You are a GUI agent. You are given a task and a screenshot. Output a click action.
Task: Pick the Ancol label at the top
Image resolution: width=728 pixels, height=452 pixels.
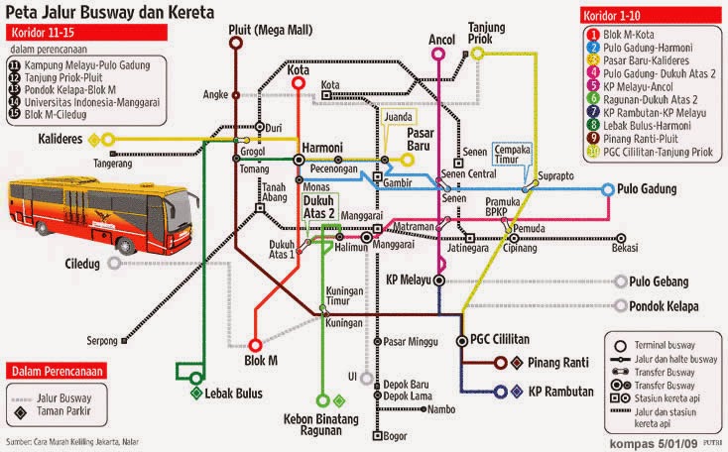point(440,41)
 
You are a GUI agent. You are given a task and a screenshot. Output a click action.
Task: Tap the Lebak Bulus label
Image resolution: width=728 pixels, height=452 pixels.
point(234,393)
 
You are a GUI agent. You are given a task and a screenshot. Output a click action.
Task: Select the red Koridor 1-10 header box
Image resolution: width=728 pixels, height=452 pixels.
point(615,16)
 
